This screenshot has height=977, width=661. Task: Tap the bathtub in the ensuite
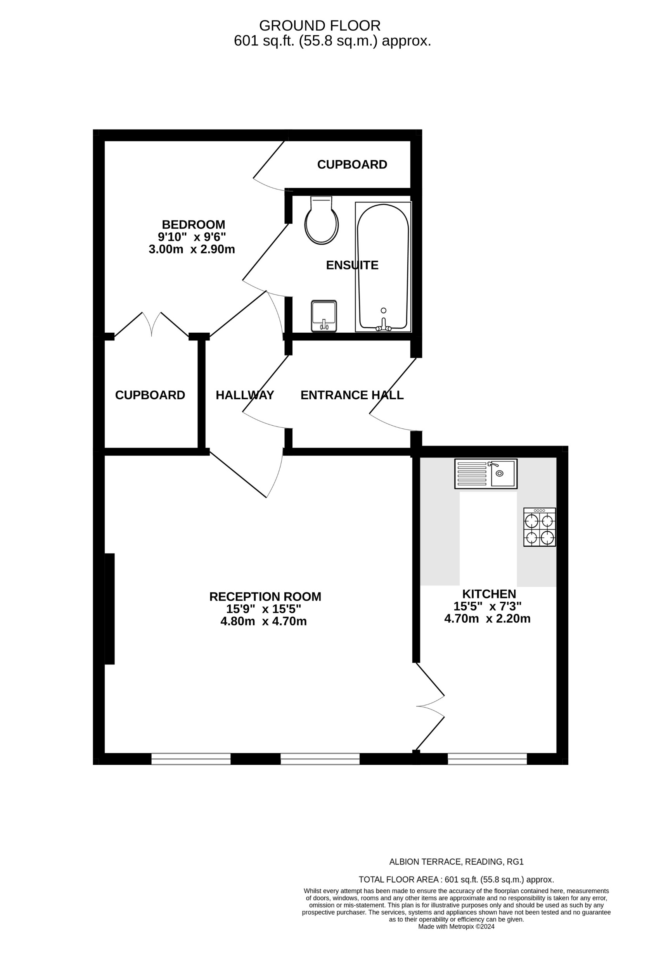382,267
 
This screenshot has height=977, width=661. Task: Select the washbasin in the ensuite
324,316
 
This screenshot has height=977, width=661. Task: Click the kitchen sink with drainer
486,473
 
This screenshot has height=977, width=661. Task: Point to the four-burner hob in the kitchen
540,527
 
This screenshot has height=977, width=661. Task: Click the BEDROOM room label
193,224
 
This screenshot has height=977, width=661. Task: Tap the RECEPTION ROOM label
265,597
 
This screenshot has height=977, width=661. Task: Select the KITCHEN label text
489,594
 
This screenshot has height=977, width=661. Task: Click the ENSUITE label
352,265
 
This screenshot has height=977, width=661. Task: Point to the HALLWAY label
245,395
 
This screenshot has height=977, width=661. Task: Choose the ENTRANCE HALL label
352,395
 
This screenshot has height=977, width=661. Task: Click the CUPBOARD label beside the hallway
150,395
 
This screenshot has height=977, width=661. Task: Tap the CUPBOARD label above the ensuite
352,164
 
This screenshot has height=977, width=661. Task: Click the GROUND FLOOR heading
320,26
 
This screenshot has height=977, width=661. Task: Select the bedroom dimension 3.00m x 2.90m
192,249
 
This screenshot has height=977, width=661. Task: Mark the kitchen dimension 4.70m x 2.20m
487,619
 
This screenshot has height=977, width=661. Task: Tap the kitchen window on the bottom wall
487,759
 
